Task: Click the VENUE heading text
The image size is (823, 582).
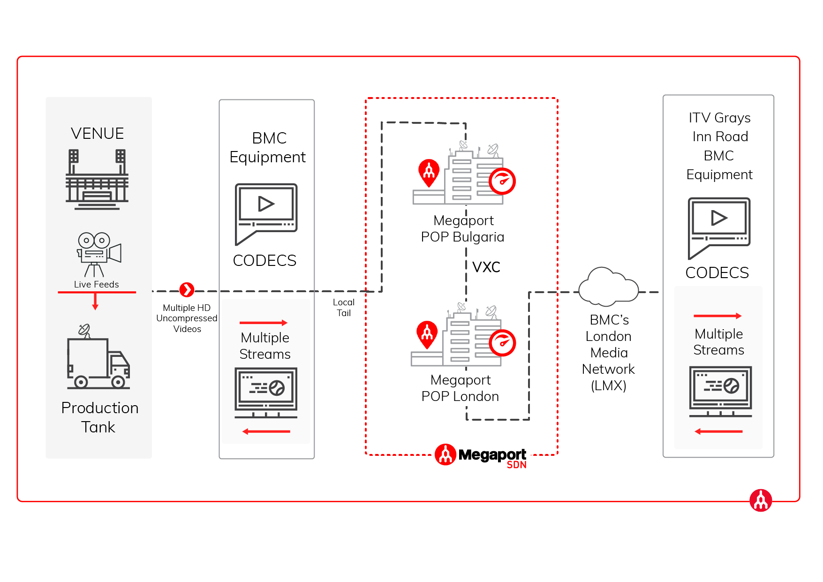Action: [x=97, y=134]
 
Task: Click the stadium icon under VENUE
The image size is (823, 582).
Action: [x=97, y=179]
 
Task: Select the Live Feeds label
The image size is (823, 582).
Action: [x=96, y=284]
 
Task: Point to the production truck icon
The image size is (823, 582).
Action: [x=98, y=359]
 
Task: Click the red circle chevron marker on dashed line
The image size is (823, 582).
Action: [x=187, y=290]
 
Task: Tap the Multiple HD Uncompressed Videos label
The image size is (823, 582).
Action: [x=187, y=318]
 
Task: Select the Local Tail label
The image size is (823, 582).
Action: [x=344, y=308]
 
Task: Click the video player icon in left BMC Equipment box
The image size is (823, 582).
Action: [x=266, y=213]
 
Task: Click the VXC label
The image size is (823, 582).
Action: [x=486, y=267]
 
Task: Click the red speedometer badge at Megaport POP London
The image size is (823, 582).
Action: [x=502, y=343]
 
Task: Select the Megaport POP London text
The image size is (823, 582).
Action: [x=460, y=388]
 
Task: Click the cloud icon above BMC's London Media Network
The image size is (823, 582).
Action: [x=608, y=287]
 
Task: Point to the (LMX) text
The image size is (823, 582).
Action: [x=608, y=385]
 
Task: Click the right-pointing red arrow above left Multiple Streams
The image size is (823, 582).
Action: [x=263, y=323]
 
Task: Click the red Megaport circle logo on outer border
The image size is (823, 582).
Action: [x=760, y=500]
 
